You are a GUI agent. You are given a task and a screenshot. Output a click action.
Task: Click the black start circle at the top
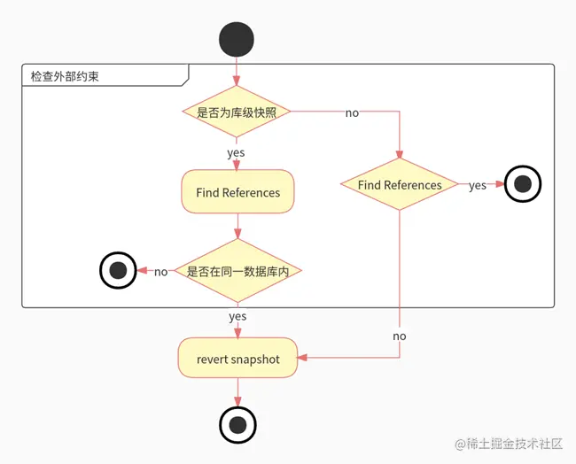(237, 40)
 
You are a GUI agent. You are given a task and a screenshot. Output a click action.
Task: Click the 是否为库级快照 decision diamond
(237, 112)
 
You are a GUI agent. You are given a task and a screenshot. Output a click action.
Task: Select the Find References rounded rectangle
(237, 192)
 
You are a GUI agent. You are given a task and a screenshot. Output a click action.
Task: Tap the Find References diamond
(400, 185)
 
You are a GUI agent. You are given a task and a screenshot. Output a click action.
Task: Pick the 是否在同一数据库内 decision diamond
(237, 271)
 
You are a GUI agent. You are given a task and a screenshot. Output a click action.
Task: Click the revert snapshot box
(237, 359)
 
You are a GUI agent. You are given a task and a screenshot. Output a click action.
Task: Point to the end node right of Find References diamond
(522, 185)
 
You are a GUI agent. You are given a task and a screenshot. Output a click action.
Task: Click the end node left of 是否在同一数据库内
(118, 271)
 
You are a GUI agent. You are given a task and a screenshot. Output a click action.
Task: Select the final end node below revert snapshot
(237, 425)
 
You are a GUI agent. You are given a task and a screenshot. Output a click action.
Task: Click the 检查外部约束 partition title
(65, 76)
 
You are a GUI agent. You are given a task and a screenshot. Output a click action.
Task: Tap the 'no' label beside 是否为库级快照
(352, 113)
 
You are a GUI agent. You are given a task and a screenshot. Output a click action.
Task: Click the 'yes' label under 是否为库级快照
(236, 152)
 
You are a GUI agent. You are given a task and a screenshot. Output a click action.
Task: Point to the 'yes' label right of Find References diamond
(478, 186)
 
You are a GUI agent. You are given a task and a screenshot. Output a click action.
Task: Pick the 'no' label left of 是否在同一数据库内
(160, 272)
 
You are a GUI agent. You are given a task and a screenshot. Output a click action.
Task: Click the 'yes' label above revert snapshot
(237, 316)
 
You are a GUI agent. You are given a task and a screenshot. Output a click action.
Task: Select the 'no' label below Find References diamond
(400, 336)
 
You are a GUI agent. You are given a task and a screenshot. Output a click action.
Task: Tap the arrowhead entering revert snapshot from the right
(302, 359)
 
